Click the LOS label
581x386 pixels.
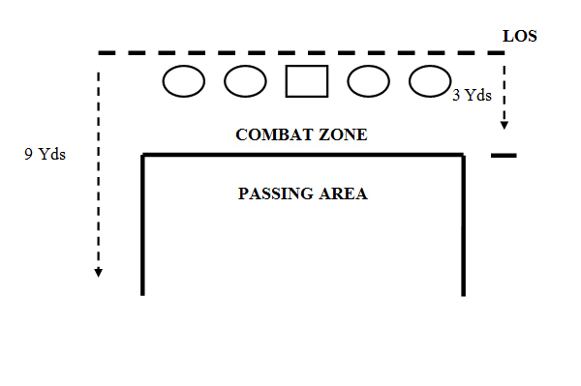520,37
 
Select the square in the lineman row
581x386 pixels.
307,81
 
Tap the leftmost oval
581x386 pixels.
183,81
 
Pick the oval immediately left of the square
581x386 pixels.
245,81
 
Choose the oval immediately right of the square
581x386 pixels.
368,81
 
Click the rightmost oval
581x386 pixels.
429,81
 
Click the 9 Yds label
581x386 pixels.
45,153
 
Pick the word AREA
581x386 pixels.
346,193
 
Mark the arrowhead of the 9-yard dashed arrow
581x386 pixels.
98,272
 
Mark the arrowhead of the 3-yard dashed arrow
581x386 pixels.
504,125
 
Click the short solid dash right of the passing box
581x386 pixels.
505,155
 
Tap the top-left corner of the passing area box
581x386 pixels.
143,155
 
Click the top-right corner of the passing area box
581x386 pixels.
464,155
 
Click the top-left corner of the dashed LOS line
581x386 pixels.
99,53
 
